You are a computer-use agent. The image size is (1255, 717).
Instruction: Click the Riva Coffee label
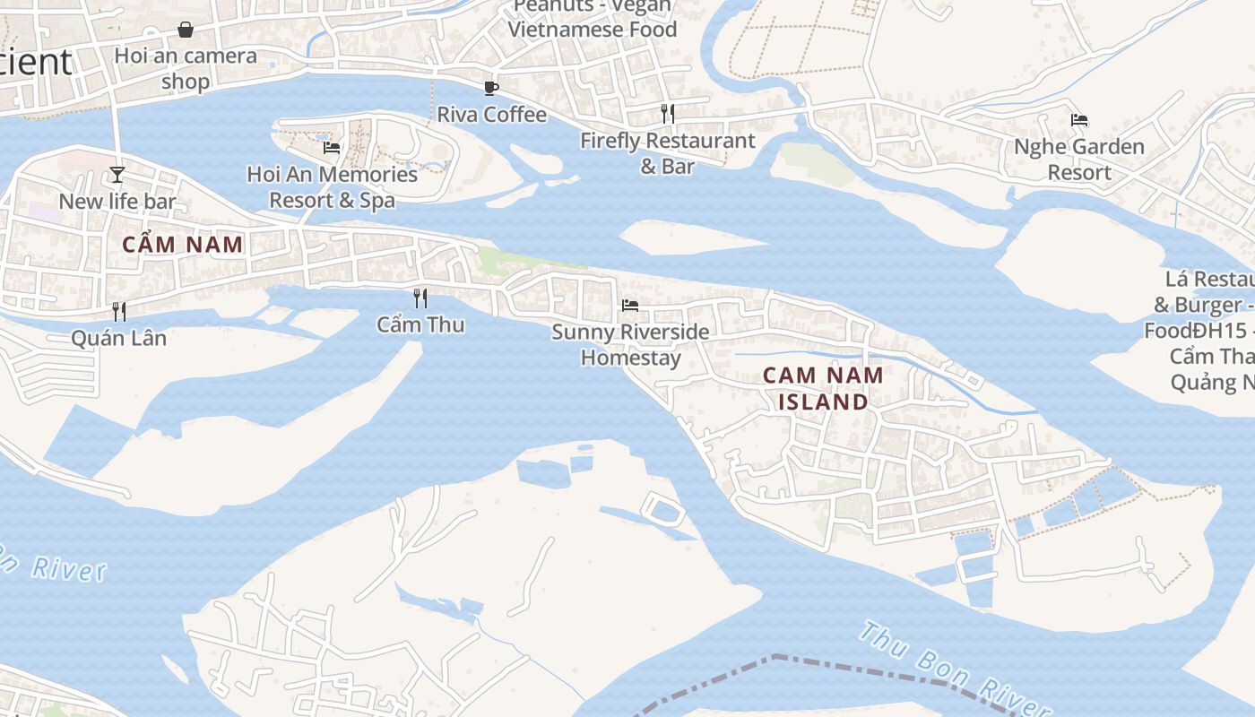491,115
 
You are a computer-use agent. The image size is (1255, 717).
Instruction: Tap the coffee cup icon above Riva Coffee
490,87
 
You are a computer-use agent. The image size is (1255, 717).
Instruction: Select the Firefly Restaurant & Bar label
667,153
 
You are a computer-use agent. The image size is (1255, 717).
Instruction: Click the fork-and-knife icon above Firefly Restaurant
667,113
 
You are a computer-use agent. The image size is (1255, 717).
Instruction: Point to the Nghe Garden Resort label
1078,160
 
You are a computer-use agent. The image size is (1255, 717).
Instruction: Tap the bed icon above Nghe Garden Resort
1079,119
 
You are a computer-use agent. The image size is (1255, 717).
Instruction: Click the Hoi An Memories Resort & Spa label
332,186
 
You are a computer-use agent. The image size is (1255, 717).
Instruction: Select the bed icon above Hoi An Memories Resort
332,147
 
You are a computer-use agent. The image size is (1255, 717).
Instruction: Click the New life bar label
117,202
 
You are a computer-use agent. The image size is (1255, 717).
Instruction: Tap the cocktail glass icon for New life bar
117,174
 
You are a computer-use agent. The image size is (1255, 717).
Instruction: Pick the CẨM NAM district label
183,245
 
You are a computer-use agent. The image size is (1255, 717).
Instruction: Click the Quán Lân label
118,339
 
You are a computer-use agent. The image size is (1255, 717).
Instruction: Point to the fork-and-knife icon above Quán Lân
118,311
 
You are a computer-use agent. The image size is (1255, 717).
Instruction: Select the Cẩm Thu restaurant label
420,324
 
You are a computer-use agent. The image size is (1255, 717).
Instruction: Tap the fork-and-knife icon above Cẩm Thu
420,298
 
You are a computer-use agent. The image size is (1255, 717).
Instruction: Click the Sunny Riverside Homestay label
630,345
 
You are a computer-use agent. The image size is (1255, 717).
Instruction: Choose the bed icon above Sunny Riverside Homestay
630,305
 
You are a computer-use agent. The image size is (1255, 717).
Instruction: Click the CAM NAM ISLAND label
823,388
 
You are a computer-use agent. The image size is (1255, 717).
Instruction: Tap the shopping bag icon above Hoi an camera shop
186,30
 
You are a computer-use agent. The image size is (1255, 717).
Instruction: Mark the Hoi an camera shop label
186,68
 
